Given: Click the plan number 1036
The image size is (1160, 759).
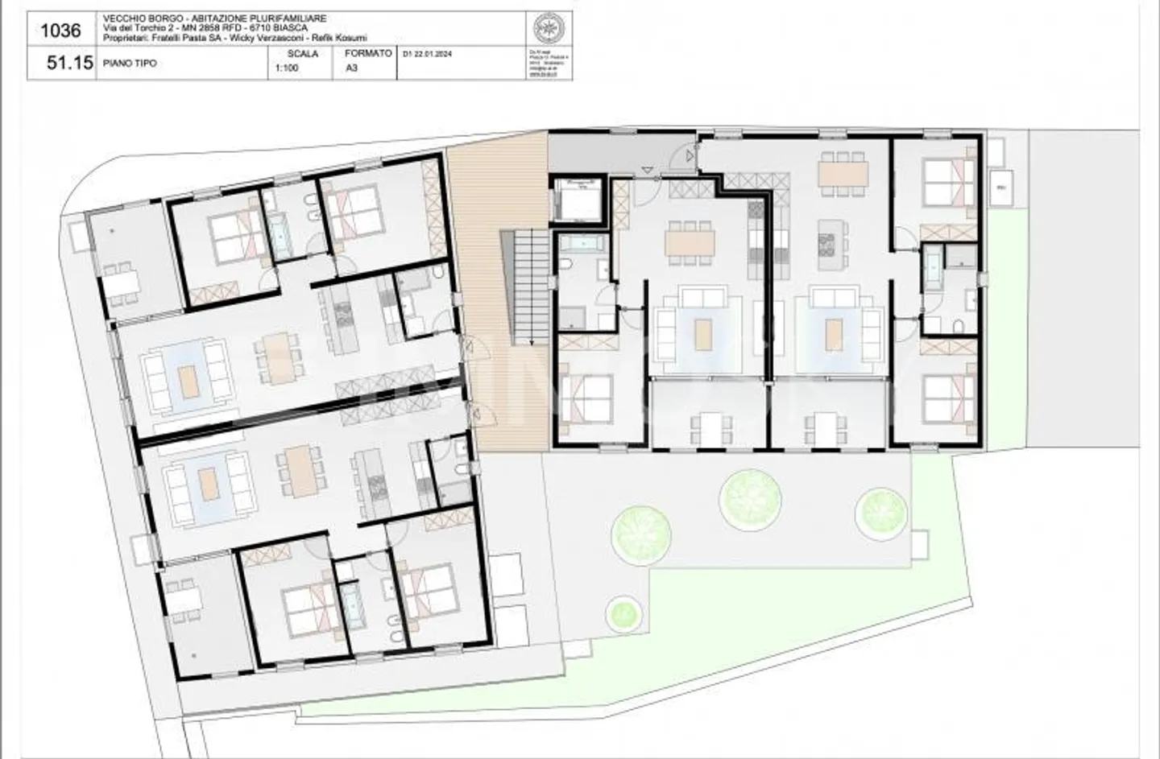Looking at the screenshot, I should [x=60, y=31].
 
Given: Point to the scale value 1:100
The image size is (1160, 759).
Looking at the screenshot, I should [x=287, y=68].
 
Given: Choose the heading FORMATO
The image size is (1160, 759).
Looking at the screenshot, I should [x=367, y=53].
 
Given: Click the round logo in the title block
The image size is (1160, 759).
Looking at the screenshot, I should [x=552, y=30].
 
